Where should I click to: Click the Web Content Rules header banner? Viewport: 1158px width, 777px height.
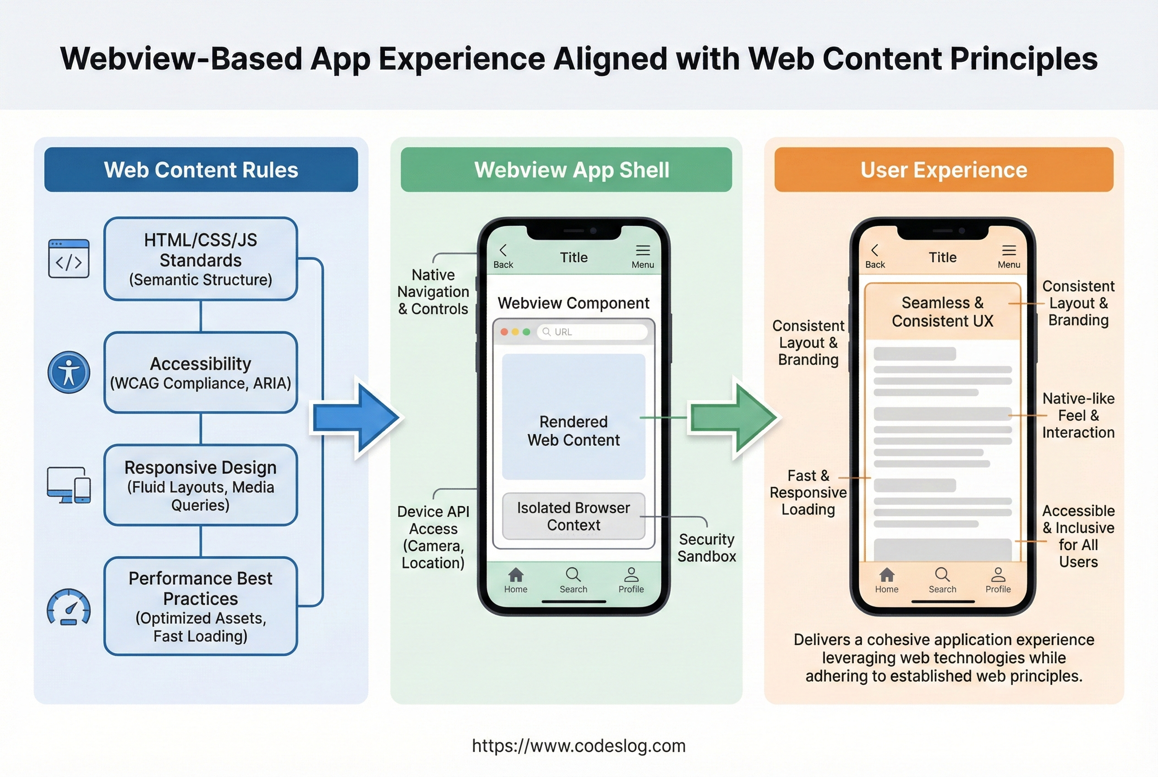[x=201, y=170]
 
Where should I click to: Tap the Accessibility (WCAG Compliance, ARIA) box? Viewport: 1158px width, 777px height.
[x=201, y=372]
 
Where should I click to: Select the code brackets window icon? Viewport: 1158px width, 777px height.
[x=69, y=258]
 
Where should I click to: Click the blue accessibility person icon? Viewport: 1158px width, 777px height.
[x=69, y=372]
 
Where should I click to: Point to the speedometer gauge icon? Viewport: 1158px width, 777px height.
[x=69, y=607]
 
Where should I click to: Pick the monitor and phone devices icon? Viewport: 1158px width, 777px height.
[x=69, y=485]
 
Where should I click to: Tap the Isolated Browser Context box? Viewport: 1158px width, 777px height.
[x=574, y=516]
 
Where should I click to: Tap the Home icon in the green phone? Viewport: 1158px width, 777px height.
[x=516, y=575]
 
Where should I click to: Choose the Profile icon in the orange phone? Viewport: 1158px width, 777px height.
[x=998, y=575]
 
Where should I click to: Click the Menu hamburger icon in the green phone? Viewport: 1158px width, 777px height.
[x=643, y=250]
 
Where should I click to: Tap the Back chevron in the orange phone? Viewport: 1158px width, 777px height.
[x=874, y=250]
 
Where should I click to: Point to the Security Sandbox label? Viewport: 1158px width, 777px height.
[x=707, y=547]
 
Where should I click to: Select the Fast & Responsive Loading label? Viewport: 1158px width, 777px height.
[x=808, y=492]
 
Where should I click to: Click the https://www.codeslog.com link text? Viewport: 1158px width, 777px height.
[x=579, y=746]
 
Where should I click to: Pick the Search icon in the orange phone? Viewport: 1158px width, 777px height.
[x=942, y=575]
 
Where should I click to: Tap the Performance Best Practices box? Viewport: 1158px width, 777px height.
[x=201, y=606]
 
